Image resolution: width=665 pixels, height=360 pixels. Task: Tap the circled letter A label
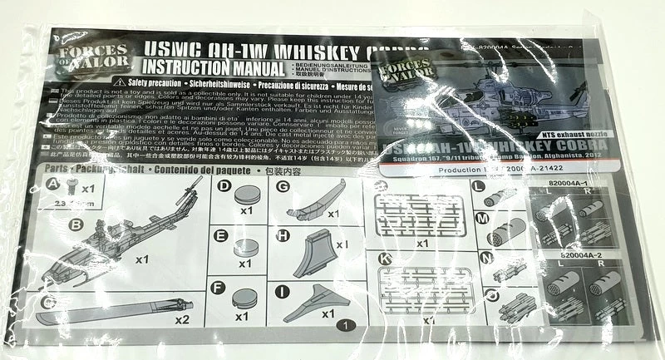click(x=53, y=185)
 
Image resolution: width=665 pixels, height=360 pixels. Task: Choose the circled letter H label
click(x=283, y=236)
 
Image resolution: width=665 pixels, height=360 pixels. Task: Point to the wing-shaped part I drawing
click(x=319, y=304)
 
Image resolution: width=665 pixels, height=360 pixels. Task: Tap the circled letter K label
click(x=384, y=259)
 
